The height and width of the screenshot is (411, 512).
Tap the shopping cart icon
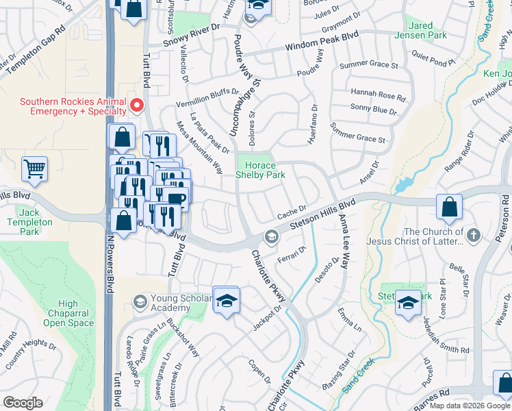(x=34, y=168)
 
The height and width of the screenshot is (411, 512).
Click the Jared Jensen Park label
(x=423, y=30)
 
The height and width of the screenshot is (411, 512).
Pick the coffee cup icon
(x=176, y=199)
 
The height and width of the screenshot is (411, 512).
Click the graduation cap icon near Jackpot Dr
(x=226, y=300)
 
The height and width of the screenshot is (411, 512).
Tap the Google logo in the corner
(x=23, y=403)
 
